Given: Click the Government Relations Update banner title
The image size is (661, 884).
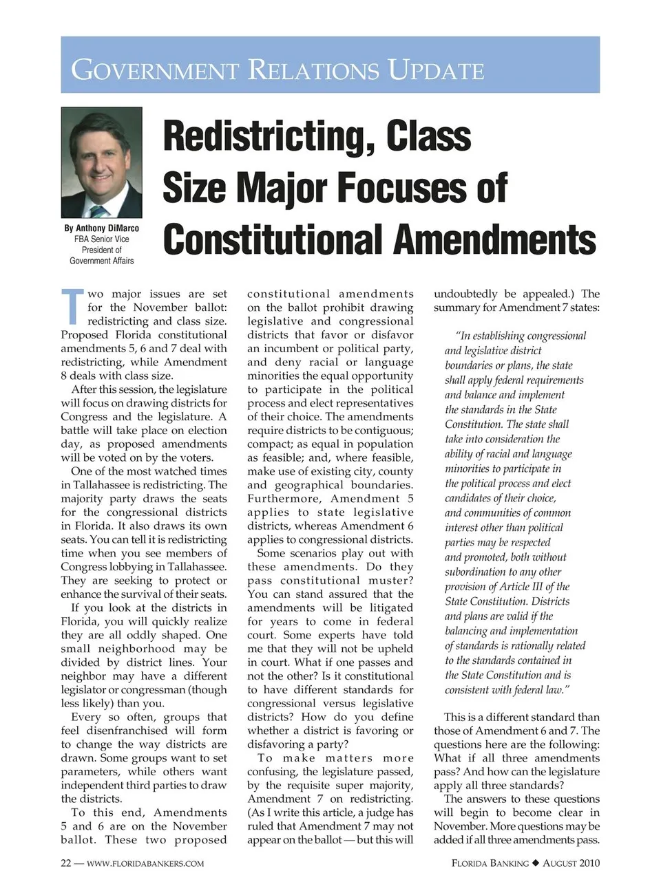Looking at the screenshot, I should [x=277, y=70].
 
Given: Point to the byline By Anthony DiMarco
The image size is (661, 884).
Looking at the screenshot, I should [x=101, y=228].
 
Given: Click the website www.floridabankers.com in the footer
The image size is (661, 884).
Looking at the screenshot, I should [x=145, y=863].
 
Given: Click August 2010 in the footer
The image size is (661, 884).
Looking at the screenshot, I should [x=571, y=863].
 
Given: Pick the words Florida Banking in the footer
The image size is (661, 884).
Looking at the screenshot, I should [x=490, y=863].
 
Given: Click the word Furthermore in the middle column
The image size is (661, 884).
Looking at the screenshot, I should [x=285, y=499].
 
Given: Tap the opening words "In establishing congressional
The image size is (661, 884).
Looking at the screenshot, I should [x=520, y=336].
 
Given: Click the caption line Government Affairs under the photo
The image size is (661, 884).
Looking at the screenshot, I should [x=101, y=261].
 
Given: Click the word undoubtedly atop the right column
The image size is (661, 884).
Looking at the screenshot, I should [x=465, y=294].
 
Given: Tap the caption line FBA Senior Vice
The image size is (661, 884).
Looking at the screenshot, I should [x=101, y=239].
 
